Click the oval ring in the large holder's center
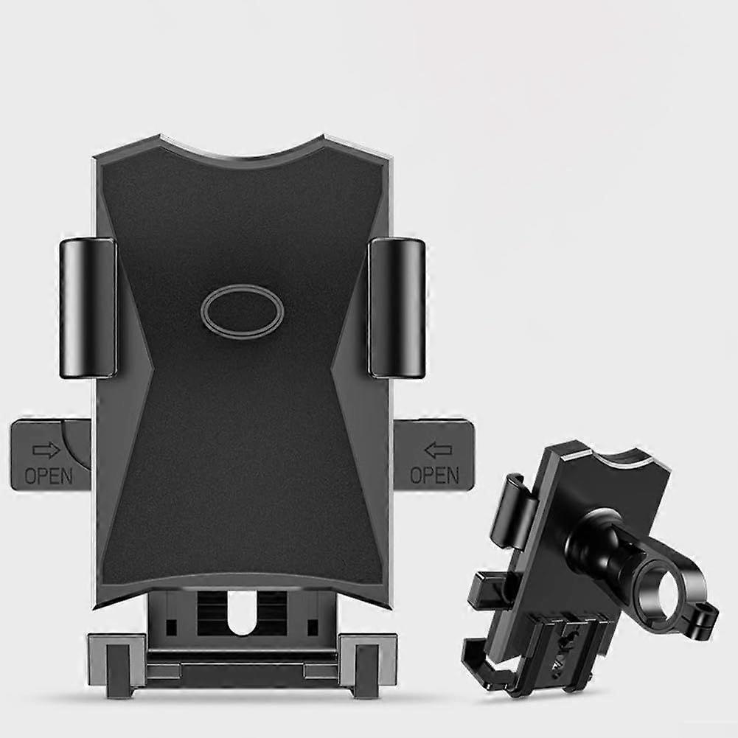pyautogui.click(x=242, y=312)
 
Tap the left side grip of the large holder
pyautogui.click(x=88, y=307)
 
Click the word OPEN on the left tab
pyautogui.click(x=49, y=476)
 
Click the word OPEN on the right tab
pyautogui.click(x=434, y=476)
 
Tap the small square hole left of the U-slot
pyautogui.click(x=171, y=627)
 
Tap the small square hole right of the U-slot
pyautogui.click(x=313, y=627)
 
